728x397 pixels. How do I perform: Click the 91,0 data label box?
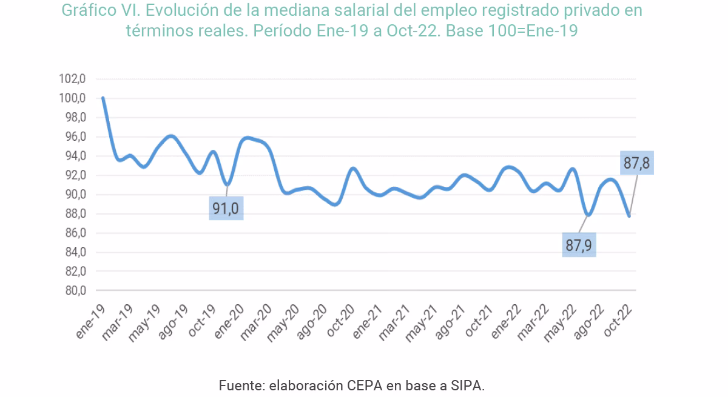226,208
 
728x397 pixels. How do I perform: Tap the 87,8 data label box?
637,163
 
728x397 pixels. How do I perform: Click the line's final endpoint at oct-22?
629,216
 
